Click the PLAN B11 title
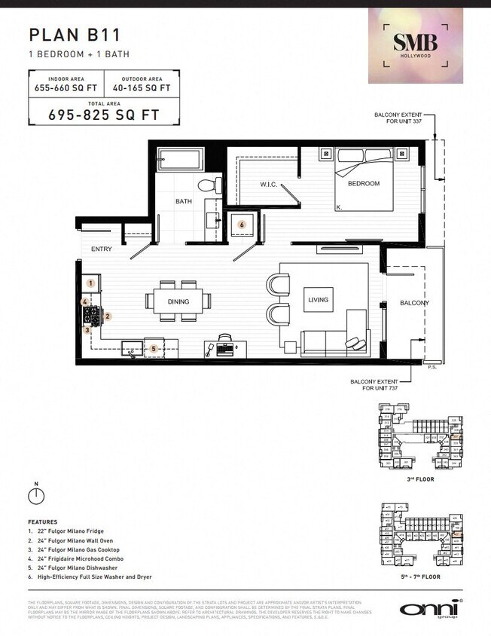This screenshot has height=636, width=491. coord(75,34)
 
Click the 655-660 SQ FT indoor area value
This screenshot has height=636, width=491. coord(66,87)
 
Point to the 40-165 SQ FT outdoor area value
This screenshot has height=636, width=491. coord(142,87)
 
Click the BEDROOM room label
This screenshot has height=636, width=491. coord(363,183)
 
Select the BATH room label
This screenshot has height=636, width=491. coord(184,201)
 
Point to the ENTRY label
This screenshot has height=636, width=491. coord(102,249)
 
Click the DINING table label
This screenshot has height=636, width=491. coord(178,301)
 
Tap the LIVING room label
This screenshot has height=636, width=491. coord(318,299)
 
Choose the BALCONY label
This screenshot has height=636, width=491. coord(414,303)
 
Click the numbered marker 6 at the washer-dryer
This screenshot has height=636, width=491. coord(242,224)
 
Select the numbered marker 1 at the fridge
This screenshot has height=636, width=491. coord(90,283)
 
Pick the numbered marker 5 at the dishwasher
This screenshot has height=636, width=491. coord(154,349)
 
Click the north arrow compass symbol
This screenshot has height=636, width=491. coord(35,495)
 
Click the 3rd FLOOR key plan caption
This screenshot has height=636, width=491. coord(421,477)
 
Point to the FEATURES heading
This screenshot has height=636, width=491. coord(43,521)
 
